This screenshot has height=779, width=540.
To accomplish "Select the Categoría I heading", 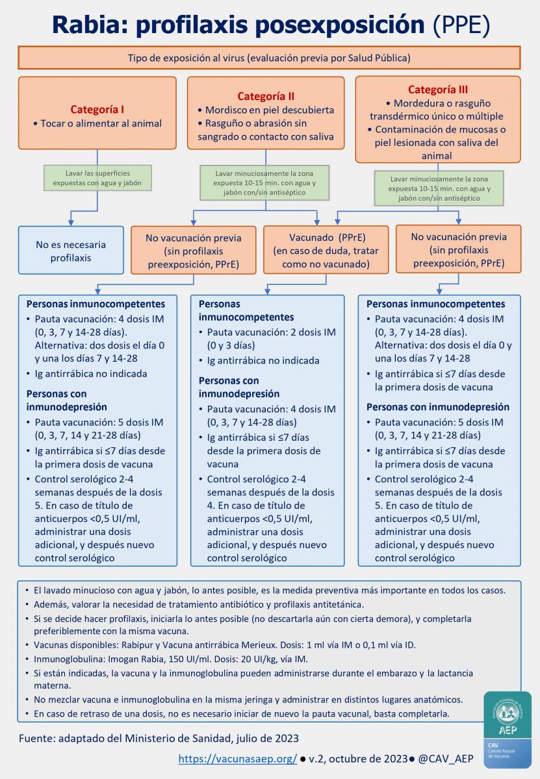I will (97, 109).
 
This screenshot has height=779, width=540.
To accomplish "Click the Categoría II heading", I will (266, 96).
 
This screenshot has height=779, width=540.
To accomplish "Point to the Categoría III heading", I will (437, 90).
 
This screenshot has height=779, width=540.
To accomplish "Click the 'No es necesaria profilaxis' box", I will (71, 251).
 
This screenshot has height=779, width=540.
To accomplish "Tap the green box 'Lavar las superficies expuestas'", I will (97, 178).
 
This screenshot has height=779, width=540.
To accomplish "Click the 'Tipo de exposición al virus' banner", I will (269, 58).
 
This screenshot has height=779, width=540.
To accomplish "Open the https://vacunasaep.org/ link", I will (237, 758).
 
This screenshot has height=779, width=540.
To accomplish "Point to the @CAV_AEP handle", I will (446, 758).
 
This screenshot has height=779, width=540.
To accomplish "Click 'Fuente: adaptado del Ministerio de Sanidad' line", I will (159, 738).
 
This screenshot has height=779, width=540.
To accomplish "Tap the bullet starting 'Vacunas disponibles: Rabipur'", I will (224, 645).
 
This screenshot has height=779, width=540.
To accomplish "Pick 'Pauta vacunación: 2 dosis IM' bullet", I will (271, 338).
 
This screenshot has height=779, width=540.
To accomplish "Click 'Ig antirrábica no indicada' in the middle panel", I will (263, 360).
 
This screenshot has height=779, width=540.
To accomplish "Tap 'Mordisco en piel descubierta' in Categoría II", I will (270, 110).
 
